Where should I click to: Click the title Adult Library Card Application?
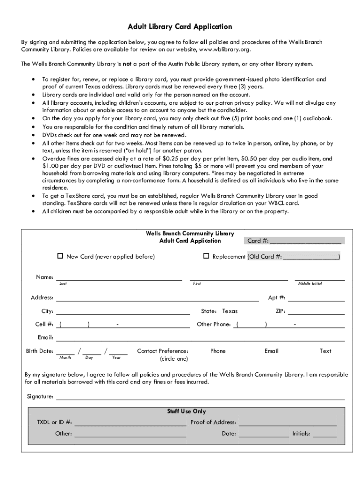click(x=180, y=27)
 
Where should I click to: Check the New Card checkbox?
click(x=60, y=256)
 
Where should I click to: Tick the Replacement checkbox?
click(x=206, y=256)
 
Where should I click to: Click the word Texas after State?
click(x=230, y=311)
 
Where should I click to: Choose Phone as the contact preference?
click(x=218, y=351)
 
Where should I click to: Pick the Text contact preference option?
click(x=325, y=351)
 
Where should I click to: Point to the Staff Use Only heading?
click(x=187, y=411)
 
